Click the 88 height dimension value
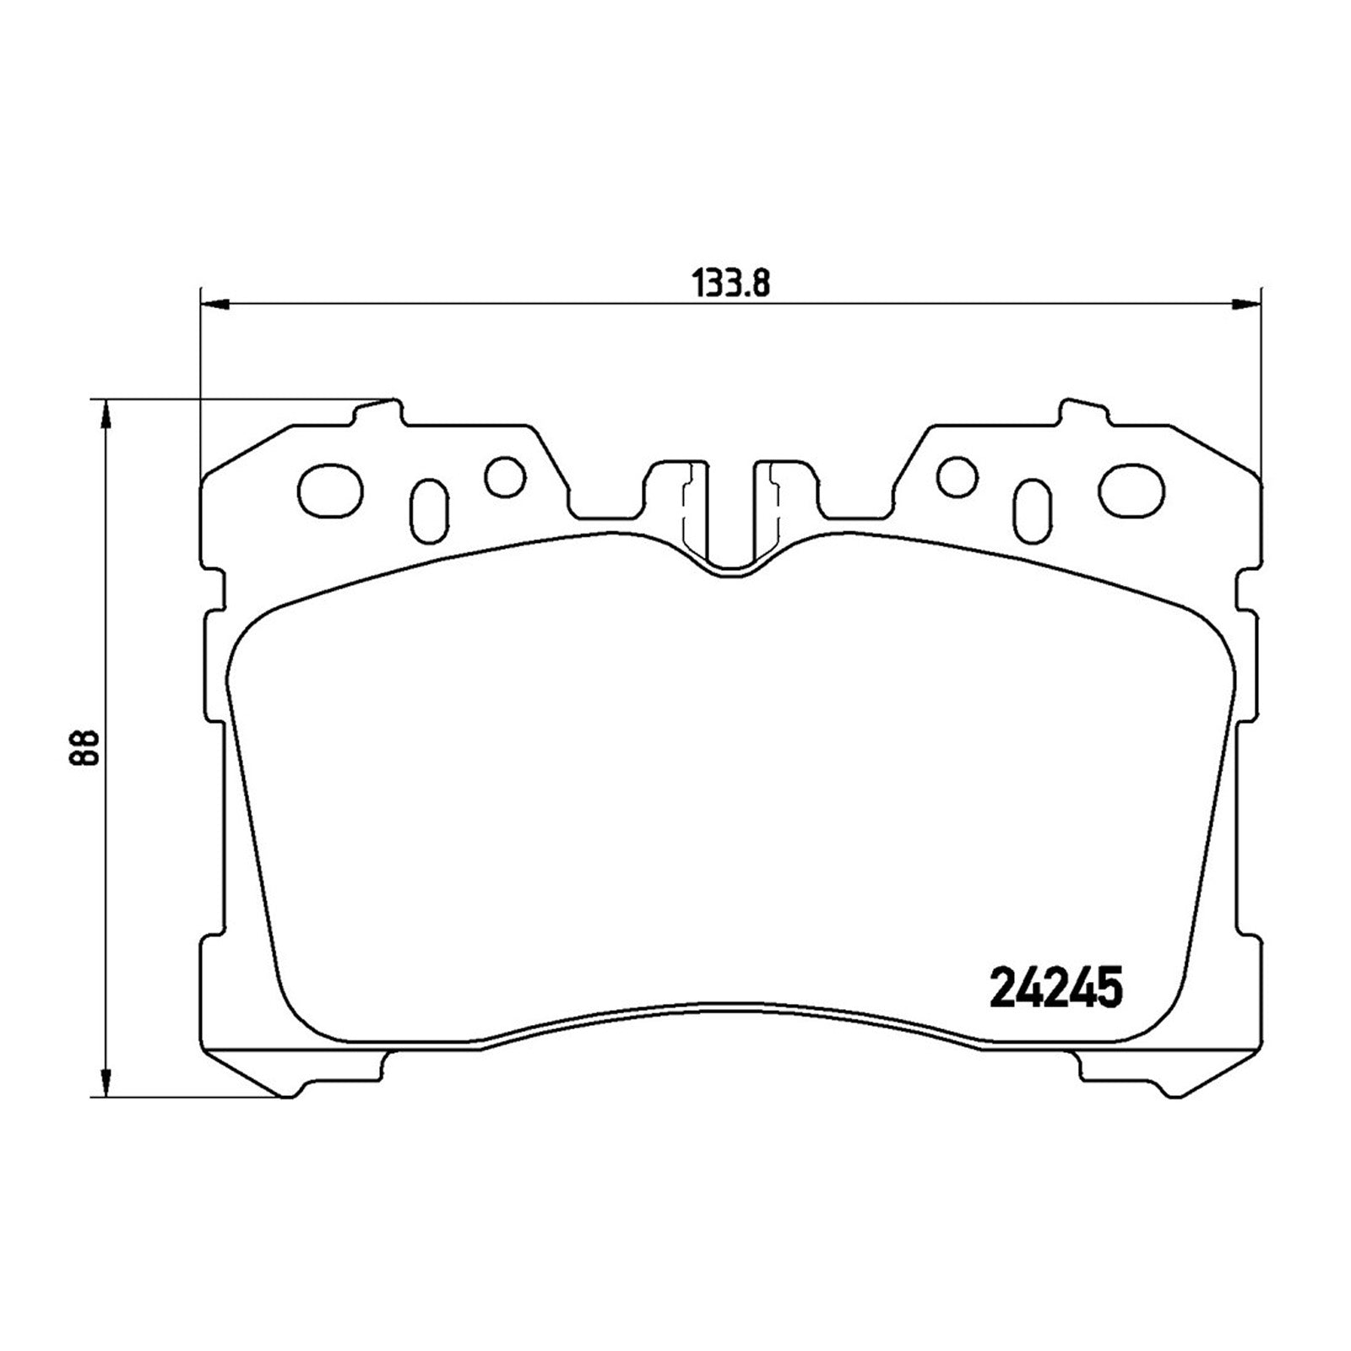pyautogui.click(x=85, y=747)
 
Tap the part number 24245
pyautogui.click(x=1055, y=987)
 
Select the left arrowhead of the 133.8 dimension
pyautogui.click(x=214, y=303)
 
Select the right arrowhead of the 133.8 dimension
pyautogui.click(x=1246, y=303)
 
